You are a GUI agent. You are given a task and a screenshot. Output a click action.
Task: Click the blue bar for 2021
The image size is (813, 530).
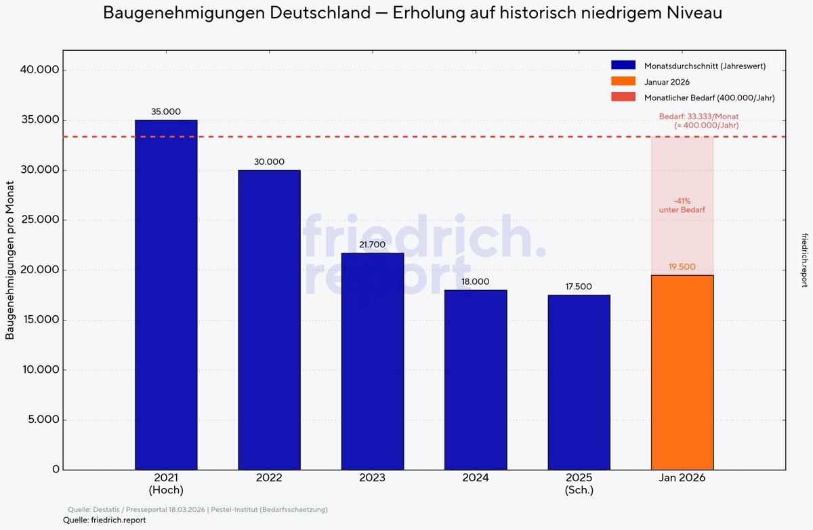pos(166,295)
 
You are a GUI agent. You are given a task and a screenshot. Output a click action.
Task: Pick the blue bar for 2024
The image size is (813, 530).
pos(476,380)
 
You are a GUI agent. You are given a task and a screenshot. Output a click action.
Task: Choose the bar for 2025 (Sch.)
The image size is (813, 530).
pos(579,382)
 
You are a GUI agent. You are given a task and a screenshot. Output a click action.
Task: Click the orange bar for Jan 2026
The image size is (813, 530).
pos(682,372)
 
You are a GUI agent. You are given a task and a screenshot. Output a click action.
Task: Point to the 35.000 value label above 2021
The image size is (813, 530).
pos(166,111)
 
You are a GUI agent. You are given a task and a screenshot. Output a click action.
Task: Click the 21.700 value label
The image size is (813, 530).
pos(373,245)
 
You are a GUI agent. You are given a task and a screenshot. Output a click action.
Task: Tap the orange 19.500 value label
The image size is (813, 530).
pos(682,267)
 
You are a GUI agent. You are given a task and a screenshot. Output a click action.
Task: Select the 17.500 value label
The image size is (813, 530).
pos(579,287)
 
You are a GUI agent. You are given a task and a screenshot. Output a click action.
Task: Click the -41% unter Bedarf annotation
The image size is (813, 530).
pos(682,205)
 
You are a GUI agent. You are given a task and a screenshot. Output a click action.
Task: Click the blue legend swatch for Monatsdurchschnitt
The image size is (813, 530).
pos(623,66)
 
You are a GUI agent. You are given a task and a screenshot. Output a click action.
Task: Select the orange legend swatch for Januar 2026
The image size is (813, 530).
pos(623,82)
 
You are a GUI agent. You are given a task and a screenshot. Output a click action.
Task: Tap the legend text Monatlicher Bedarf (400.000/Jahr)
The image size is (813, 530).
pos(709,98)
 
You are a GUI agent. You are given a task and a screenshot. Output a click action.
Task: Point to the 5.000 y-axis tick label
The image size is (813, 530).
pos(41,420)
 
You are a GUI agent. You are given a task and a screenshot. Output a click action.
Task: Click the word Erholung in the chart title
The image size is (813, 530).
pos(428,13)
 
